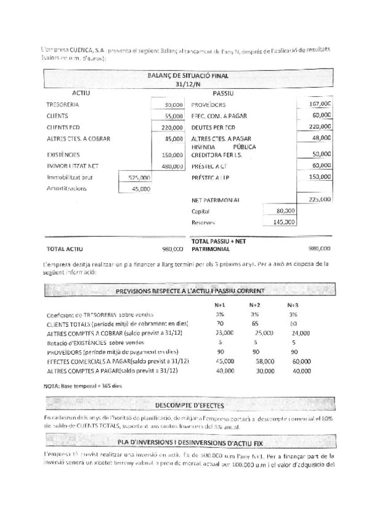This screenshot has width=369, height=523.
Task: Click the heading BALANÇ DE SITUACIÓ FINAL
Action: click(188, 76)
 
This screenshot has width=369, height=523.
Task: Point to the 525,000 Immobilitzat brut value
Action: click(139, 177)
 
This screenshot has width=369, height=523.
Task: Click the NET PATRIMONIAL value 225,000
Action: click(320, 200)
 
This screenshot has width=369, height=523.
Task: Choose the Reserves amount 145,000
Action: click(284, 223)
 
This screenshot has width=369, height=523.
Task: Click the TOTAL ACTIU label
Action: click(65, 249)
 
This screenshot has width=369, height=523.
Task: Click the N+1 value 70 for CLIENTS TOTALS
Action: click(220, 323)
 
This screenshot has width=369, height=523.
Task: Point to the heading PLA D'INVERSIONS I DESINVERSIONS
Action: click(188, 442)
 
